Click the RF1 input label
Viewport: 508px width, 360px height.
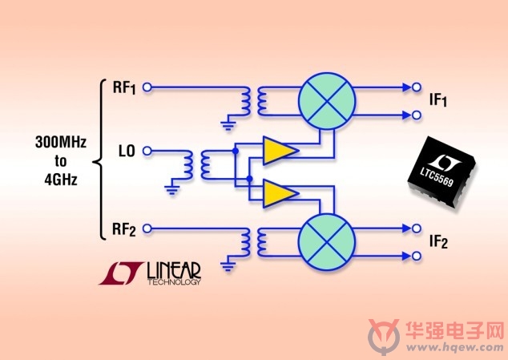pyautogui.click(x=124, y=87)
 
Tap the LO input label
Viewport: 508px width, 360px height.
pyautogui.click(x=127, y=151)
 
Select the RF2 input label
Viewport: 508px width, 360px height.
pyautogui.click(x=123, y=229)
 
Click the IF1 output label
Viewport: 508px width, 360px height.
pyautogui.click(x=438, y=99)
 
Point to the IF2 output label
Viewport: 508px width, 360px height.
pyautogui.click(x=438, y=241)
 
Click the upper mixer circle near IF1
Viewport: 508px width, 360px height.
pyautogui.click(x=327, y=101)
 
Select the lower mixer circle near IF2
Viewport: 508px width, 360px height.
pyautogui.click(x=327, y=242)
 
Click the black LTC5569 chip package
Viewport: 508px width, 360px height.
pyautogui.click(x=442, y=173)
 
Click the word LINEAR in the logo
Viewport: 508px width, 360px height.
pyautogui.click(x=174, y=270)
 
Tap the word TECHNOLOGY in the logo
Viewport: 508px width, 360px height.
pyautogui.click(x=174, y=281)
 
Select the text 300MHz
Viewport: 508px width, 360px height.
pyautogui.click(x=61, y=142)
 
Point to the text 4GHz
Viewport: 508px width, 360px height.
pyautogui.click(x=61, y=180)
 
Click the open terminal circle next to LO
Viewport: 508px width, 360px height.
pyautogui.click(x=147, y=151)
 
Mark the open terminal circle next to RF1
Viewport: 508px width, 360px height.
pyautogui.click(x=147, y=87)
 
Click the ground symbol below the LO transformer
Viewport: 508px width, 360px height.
pyautogui.click(x=171, y=190)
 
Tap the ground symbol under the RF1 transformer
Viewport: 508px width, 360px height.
pyautogui.click(x=228, y=125)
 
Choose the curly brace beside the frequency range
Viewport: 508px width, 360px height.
pyautogui.click(x=99, y=160)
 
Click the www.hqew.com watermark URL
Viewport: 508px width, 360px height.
pyautogui.click(x=455, y=348)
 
